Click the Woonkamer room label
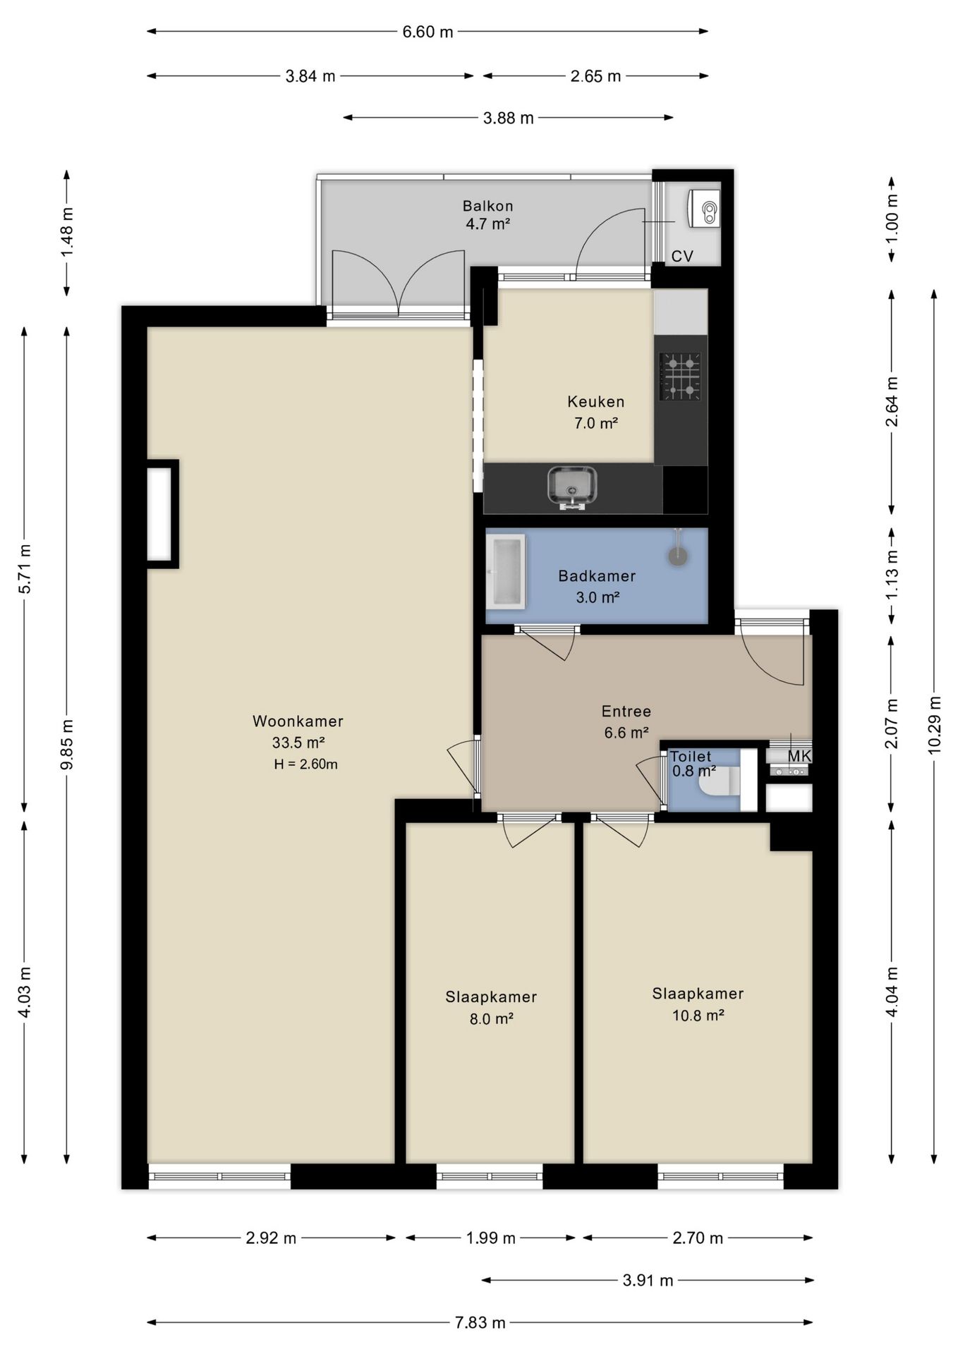[x=298, y=721]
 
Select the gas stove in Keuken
[x=680, y=376]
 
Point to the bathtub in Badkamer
[x=507, y=571]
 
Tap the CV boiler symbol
[x=703, y=209]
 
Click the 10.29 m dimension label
[x=935, y=725]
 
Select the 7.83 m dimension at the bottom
[x=480, y=1322]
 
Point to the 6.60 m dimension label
[x=428, y=32]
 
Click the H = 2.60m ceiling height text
[x=306, y=764]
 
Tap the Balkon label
[x=487, y=206]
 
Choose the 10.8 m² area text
[x=698, y=1015]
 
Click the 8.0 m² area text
[x=491, y=1018]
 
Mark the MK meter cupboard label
[x=799, y=756]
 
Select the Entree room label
[x=626, y=711]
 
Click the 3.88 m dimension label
[x=508, y=118]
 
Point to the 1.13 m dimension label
[x=892, y=573]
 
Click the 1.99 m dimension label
[x=490, y=1238]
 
